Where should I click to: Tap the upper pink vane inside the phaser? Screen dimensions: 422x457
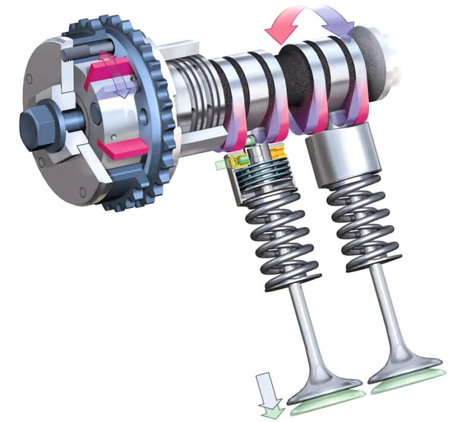pos(108,71)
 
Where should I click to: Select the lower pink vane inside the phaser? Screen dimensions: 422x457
pos(121,149)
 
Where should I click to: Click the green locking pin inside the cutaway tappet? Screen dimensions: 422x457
pos(252,140)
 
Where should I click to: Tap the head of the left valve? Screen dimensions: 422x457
pos(324,387)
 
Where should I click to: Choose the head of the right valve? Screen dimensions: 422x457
pos(405,366)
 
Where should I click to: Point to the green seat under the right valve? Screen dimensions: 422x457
pos(411,380)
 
